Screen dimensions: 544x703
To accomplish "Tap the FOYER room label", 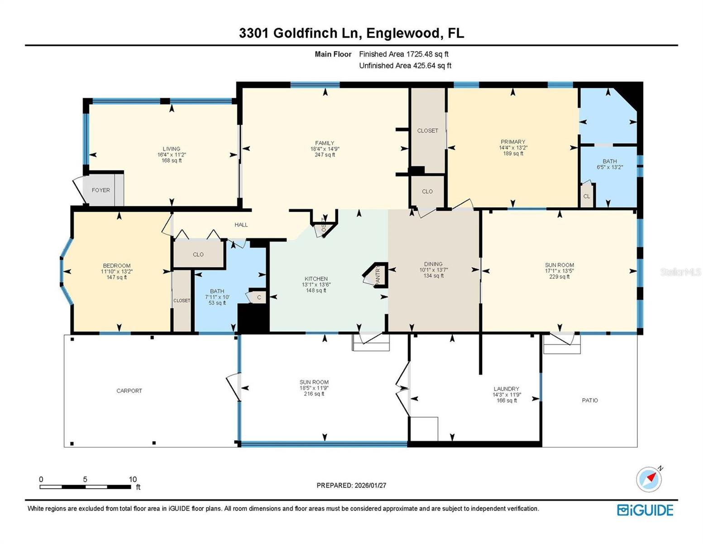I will pyautogui.click(x=100, y=190).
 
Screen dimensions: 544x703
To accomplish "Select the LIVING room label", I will pyautogui.click(x=172, y=149).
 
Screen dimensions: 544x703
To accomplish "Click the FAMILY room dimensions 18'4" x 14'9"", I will pyautogui.click(x=325, y=149).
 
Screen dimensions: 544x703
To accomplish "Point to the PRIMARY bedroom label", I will pyautogui.click(x=513, y=142).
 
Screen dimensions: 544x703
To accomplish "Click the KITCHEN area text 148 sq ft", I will pyautogui.click(x=316, y=291).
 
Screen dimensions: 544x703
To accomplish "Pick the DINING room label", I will pyautogui.click(x=433, y=264).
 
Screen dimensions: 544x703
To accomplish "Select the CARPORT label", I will pyautogui.click(x=129, y=391).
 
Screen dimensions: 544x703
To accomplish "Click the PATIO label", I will pyautogui.click(x=589, y=400).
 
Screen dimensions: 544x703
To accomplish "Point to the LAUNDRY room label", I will pyautogui.click(x=506, y=389).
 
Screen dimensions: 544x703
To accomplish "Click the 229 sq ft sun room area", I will pyautogui.click(x=560, y=277).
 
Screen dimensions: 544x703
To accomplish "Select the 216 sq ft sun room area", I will pyautogui.click(x=314, y=394).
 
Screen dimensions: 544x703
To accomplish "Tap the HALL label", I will pyautogui.click(x=241, y=225).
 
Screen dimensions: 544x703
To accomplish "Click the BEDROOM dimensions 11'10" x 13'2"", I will pyautogui.click(x=117, y=272).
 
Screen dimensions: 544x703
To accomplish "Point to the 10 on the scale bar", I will pyautogui.click(x=133, y=480).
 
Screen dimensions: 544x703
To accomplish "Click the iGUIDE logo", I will pyautogui.click(x=645, y=510).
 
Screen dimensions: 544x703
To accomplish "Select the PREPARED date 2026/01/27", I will pyautogui.click(x=370, y=486).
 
